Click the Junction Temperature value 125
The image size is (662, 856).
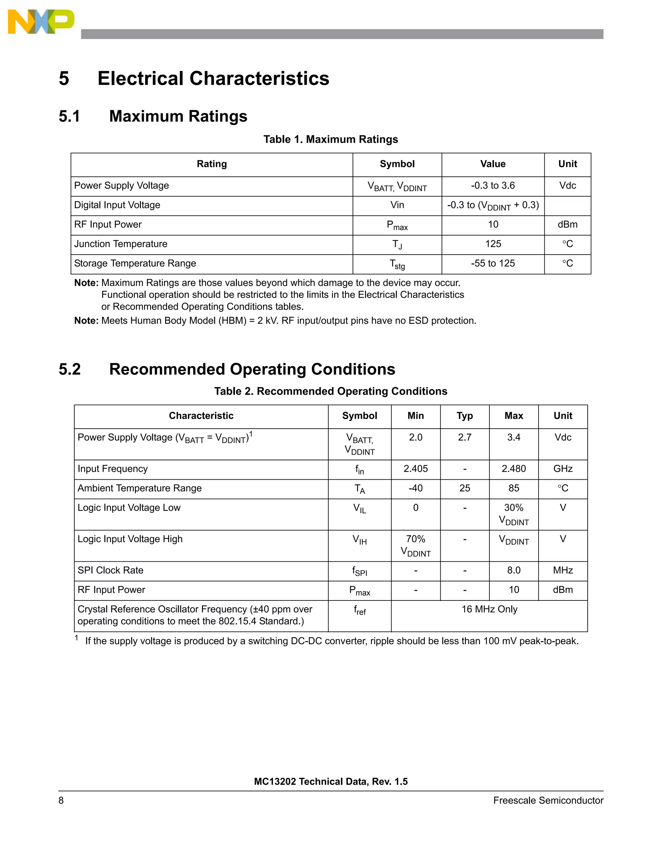click(x=493, y=244)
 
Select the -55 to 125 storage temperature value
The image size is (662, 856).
click(x=493, y=263)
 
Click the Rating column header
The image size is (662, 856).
click(x=212, y=164)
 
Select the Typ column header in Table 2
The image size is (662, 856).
click(x=464, y=416)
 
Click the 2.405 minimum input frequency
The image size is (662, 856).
click(x=416, y=469)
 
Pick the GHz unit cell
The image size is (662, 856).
click(x=563, y=469)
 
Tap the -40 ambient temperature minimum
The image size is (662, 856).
click(x=416, y=488)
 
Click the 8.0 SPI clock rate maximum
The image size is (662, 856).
click(x=514, y=570)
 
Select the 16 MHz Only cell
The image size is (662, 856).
click(x=489, y=610)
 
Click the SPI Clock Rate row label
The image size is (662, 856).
click(x=111, y=570)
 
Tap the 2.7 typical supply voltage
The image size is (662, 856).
click(x=464, y=437)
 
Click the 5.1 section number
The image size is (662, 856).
click(x=69, y=116)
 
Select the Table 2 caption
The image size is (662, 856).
click(x=331, y=391)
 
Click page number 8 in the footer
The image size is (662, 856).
click(x=61, y=800)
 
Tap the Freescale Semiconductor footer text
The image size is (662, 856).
click(x=548, y=800)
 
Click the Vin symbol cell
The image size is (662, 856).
click(x=397, y=205)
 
